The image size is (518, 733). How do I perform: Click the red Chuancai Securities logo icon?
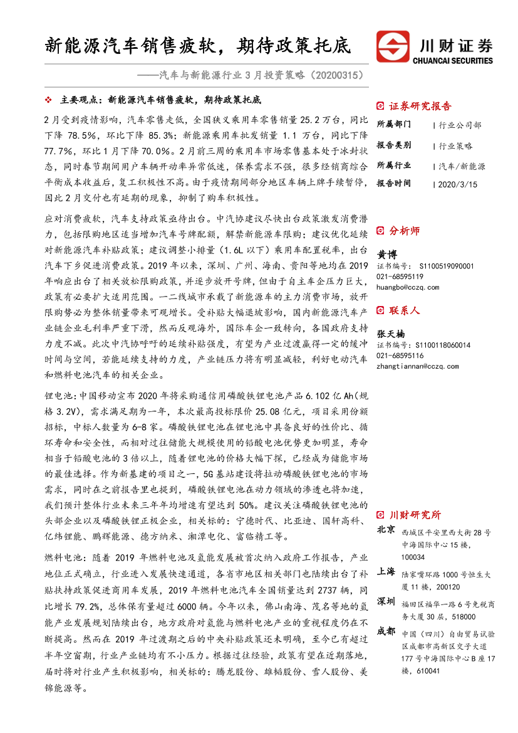coord(392,47)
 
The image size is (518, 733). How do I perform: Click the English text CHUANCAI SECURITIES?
coord(453,61)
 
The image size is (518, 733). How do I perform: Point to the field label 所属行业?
coord(394,166)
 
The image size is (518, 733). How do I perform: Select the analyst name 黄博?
coord(387,255)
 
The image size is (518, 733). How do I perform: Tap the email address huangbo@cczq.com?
coord(408,287)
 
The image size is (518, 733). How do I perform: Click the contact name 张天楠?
coord(391,333)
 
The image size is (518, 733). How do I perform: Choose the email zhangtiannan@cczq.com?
coord(417,366)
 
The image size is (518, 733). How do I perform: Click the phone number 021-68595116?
coord(400,356)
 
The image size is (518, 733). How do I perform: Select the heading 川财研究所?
coord(415,515)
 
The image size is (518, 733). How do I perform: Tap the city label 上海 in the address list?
coord(386,572)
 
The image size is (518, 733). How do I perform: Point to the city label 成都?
coord(386,631)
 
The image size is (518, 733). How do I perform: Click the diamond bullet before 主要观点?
coord(49,100)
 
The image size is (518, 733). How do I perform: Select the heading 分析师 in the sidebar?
coord(405,231)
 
